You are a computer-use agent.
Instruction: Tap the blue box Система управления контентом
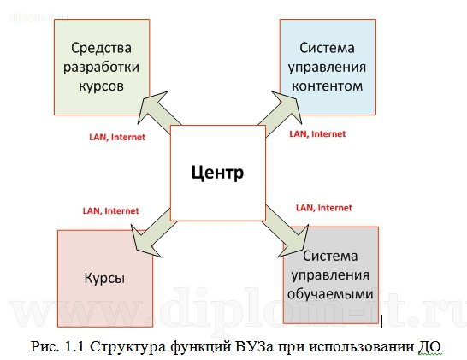(327, 67)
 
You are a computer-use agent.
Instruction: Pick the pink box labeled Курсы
(104, 277)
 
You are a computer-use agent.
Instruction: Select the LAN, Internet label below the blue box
(317, 133)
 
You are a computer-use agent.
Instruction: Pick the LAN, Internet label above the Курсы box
(110, 210)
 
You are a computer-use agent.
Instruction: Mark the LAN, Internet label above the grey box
(323, 207)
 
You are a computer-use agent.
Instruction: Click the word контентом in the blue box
(327, 86)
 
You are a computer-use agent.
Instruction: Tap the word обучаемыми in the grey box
(330, 292)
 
